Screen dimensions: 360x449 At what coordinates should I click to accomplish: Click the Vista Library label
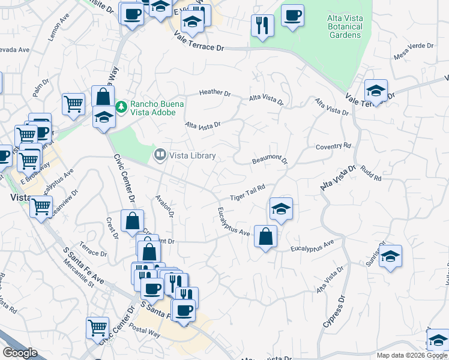192,156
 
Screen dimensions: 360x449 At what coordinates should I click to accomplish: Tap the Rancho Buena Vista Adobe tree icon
121,107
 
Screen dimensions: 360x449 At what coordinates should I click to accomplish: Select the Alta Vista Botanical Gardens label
345,27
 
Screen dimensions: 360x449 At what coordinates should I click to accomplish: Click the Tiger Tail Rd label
247,193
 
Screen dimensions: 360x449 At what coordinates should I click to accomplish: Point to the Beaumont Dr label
270,160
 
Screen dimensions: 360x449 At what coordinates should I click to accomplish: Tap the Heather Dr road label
215,93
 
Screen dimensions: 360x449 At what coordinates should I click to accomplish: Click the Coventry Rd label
333,146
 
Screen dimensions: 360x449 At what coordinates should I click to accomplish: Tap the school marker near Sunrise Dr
390,256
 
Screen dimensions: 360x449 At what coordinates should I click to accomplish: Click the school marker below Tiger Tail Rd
281,209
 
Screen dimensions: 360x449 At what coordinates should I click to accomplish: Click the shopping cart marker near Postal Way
97,328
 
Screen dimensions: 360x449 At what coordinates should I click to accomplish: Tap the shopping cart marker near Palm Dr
74,103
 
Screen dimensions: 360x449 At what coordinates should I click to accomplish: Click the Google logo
20,353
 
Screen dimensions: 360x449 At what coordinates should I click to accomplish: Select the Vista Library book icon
160,155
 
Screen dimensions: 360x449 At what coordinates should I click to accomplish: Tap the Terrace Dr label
93,253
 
